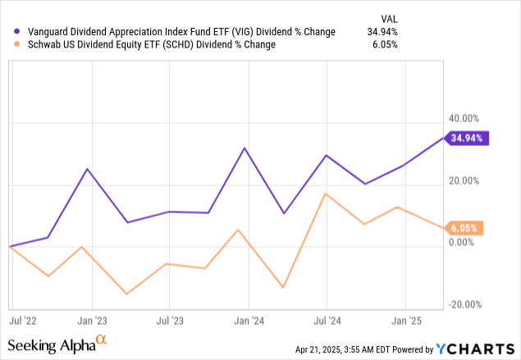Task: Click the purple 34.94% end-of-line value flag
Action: (x=467, y=138)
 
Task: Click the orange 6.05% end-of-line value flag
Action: (x=467, y=227)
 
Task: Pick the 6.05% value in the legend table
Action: (x=383, y=44)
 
